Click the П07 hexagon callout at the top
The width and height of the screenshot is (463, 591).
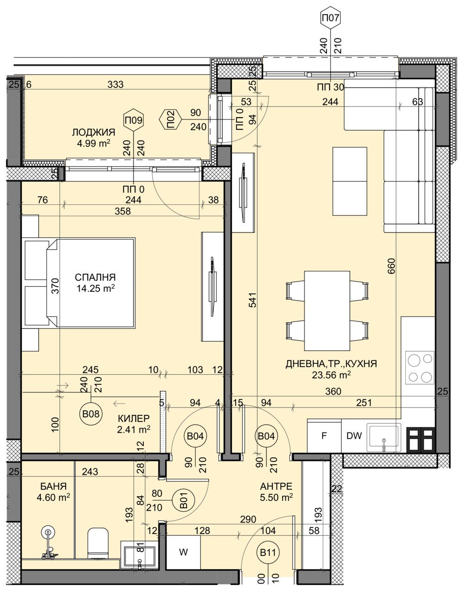[331, 19]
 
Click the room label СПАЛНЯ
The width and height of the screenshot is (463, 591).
[95, 277]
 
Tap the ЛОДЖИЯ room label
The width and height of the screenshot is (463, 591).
[94, 133]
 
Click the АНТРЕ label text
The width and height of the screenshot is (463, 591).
[276, 486]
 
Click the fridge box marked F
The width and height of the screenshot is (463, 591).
[325, 436]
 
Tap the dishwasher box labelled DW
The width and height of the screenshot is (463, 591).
[353, 436]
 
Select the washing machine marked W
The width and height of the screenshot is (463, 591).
[183, 553]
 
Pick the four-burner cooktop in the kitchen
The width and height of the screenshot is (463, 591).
[419, 367]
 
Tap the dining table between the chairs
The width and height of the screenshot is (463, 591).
[326, 311]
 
